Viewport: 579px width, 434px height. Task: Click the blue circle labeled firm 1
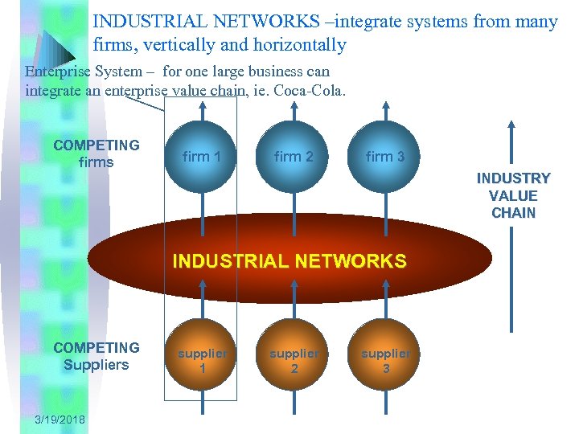tap(201, 157)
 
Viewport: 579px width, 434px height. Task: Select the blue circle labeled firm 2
tap(294, 157)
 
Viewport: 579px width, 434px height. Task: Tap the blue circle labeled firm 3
tap(385, 157)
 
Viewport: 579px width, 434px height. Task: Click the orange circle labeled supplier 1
tap(202, 361)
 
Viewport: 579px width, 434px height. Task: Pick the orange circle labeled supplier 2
tap(294, 361)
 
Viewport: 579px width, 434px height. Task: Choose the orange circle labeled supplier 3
tap(385, 361)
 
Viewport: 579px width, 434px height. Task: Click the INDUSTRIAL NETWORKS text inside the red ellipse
tap(289, 261)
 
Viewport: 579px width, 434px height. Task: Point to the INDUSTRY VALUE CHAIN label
tap(513, 195)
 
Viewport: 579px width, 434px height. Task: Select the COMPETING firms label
tap(96, 154)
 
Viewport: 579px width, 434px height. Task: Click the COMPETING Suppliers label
tap(96, 356)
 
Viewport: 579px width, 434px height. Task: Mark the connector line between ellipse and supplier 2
tap(294, 309)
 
